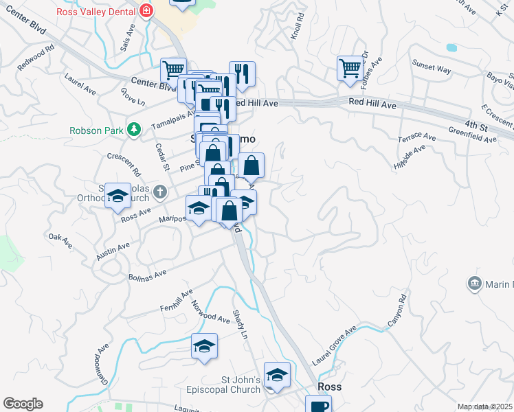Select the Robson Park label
click(x=99, y=129)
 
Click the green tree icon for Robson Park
click(x=136, y=128)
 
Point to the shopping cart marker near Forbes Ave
click(x=350, y=68)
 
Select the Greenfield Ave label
click(x=472, y=139)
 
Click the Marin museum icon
click(x=474, y=284)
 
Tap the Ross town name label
click(x=328, y=387)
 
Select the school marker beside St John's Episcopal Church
click(x=277, y=374)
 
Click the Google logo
click(x=23, y=404)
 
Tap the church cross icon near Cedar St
click(x=160, y=192)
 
